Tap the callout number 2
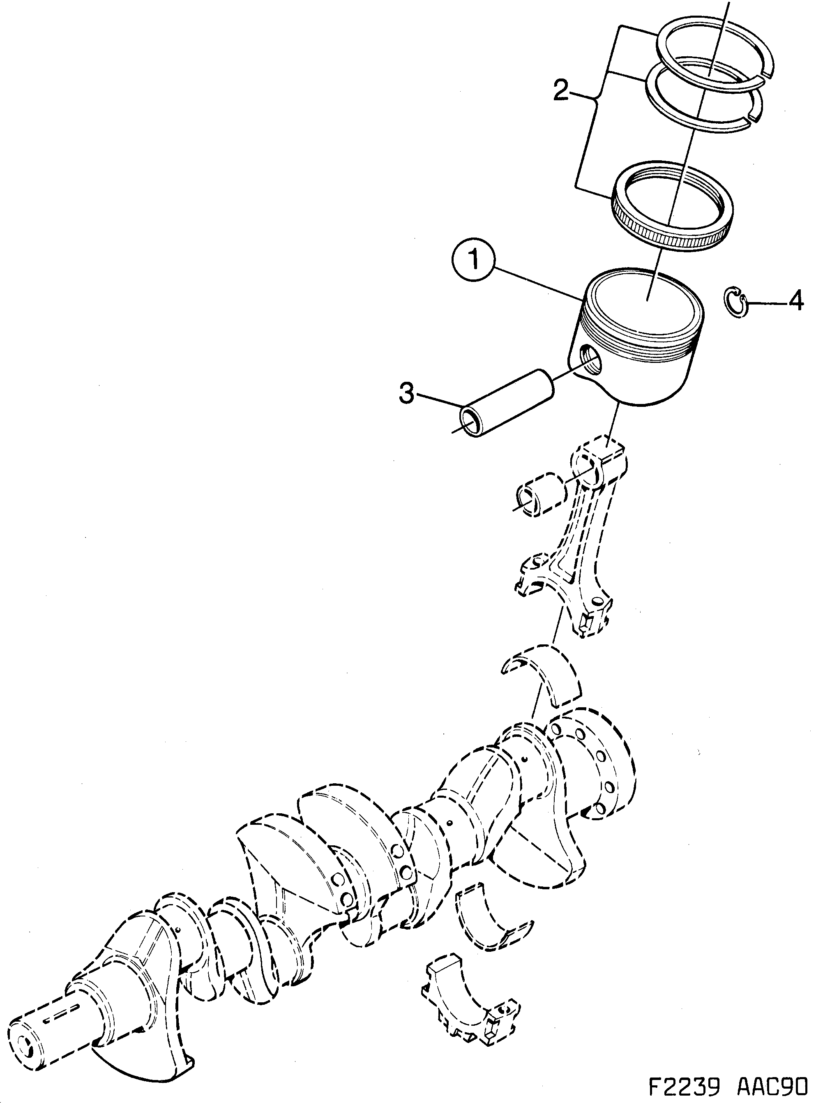[560, 91]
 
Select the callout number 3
[407, 394]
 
